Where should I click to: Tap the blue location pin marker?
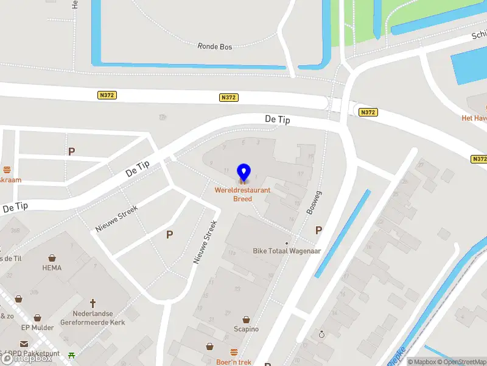243,173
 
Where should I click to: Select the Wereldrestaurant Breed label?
242,195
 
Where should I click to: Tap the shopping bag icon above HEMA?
52,258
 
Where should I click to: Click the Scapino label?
247,329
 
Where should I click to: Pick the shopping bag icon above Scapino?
247,319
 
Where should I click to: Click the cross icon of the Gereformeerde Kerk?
93,303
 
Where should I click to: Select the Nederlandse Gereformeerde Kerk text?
93,317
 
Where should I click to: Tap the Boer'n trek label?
234,362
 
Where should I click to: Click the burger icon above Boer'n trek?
234,352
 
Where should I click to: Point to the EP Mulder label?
38,328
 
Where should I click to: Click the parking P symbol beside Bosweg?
318,230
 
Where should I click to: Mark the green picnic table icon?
72,355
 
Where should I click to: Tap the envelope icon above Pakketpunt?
24,345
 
